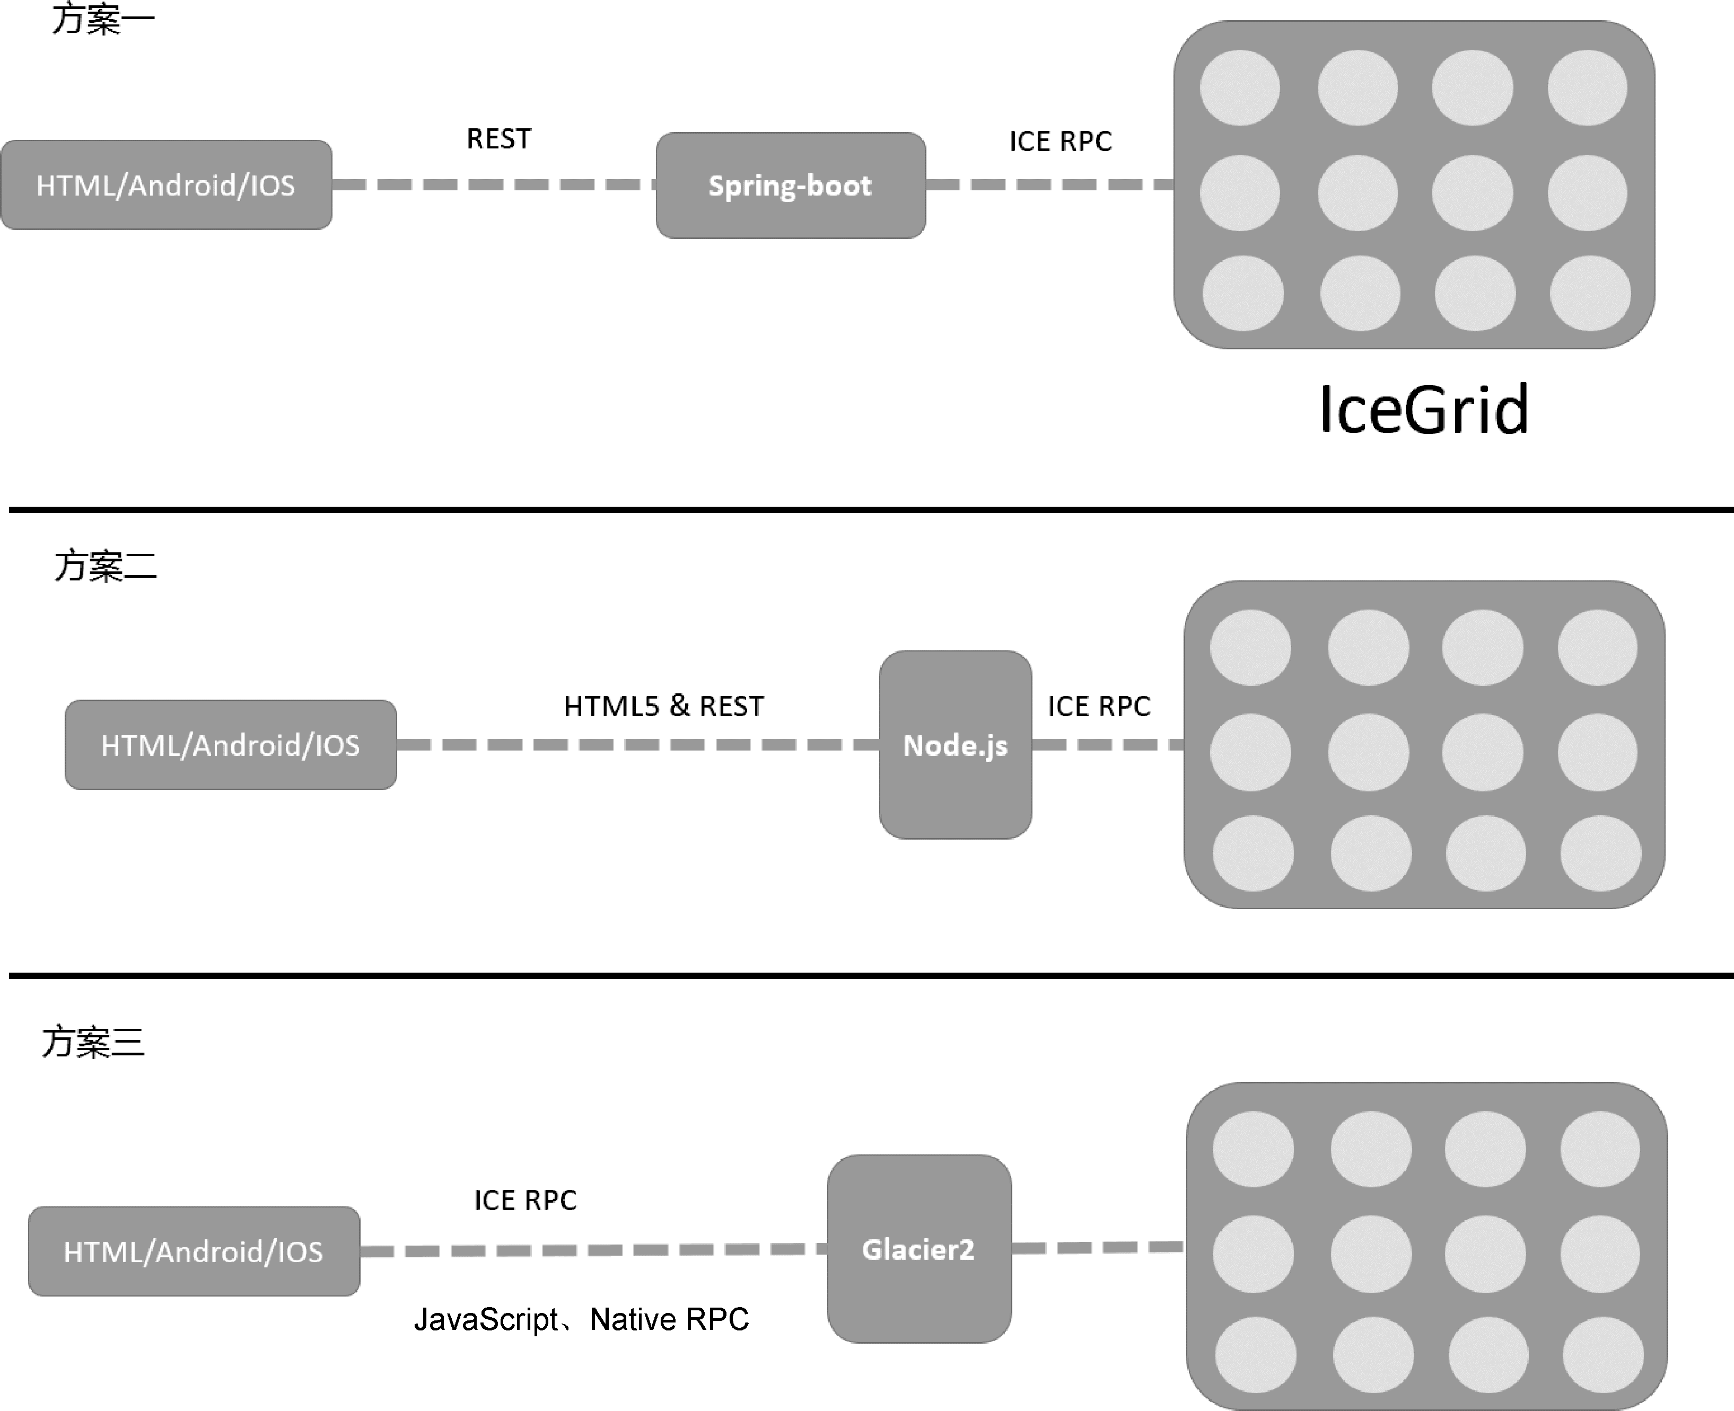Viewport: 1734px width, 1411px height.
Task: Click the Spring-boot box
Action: click(790, 186)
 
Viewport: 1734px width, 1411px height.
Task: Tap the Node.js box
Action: click(955, 745)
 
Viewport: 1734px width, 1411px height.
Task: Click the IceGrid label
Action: click(1423, 409)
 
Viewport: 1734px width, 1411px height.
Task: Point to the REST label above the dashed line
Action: click(498, 139)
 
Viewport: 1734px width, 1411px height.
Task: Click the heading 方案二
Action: click(106, 566)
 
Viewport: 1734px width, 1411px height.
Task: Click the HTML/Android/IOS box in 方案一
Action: click(166, 186)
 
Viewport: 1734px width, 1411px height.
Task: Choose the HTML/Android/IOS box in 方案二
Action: click(231, 745)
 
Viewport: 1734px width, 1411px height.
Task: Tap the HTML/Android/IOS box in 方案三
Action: click(194, 1251)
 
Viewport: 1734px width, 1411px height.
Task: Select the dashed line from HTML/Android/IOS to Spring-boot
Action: click(494, 184)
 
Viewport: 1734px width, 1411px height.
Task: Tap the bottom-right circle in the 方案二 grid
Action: click(1600, 853)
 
